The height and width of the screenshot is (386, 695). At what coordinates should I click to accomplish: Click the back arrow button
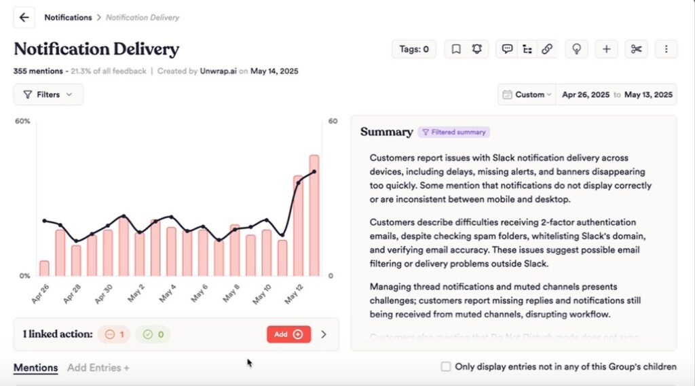(24, 17)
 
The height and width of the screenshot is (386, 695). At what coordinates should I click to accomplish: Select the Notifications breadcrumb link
(68, 17)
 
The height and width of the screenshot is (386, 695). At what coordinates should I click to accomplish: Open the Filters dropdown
(48, 94)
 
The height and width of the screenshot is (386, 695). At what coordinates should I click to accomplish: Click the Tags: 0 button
(414, 49)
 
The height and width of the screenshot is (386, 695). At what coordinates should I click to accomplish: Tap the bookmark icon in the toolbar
(456, 49)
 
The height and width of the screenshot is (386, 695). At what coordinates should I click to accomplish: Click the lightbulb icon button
(577, 49)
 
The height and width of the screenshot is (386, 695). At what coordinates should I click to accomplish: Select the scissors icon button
(636, 49)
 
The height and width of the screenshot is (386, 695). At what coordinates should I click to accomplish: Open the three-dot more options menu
(666, 49)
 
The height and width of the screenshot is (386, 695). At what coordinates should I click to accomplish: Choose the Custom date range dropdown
(527, 94)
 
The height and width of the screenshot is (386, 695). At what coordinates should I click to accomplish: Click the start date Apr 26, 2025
(586, 94)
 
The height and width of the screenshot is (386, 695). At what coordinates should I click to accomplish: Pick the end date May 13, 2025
(648, 94)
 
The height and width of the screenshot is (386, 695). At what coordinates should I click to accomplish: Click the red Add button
(288, 334)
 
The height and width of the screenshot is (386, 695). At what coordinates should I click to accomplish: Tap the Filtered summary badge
(453, 132)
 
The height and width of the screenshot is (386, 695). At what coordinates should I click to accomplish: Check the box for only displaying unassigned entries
(446, 367)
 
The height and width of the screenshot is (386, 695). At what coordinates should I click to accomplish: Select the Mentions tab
(36, 368)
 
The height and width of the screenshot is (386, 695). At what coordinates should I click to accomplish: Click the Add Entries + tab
(98, 368)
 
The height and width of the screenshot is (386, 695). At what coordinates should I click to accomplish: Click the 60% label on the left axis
(22, 121)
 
